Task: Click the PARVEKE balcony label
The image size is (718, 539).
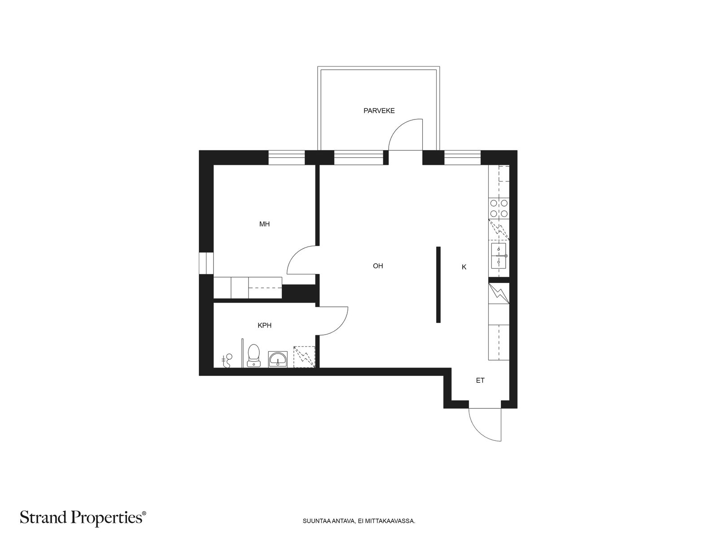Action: [379, 110]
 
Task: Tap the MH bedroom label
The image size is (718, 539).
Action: [264, 224]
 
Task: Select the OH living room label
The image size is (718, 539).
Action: [378, 266]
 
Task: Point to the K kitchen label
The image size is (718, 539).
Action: [464, 267]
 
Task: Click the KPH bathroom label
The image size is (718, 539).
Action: [265, 325]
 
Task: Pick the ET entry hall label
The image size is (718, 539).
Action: [480, 380]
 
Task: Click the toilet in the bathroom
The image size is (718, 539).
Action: [254, 356]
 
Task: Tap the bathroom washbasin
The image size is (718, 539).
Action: [278, 360]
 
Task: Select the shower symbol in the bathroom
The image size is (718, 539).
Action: [227, 361]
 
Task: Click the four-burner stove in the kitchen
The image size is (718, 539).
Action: [499, 208]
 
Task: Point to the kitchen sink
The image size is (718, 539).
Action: [499, 256]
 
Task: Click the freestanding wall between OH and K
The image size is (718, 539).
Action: [438, 285]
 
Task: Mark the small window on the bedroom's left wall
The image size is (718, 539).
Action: [206, 263]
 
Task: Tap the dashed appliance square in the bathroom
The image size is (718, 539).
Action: [304, 357]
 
